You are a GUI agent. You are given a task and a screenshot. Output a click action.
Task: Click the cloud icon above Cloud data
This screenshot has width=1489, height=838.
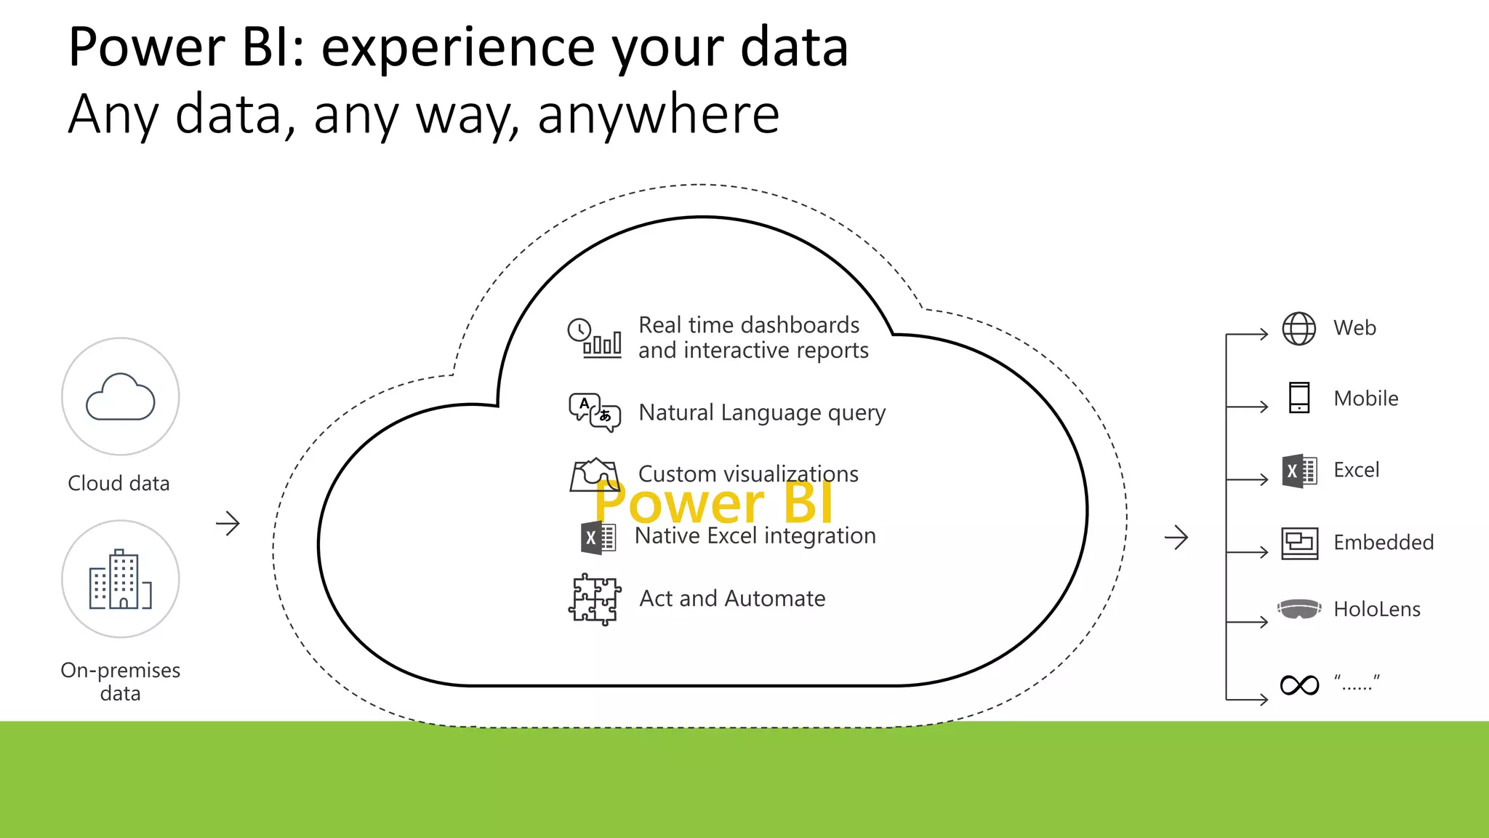coord(121,397)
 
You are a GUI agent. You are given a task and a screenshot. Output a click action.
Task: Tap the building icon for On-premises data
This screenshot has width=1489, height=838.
coord(121,580)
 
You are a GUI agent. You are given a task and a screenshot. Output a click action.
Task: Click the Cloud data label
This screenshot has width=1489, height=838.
coord(119,483)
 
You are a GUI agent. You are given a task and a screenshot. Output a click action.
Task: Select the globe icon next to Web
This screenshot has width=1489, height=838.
coord(1299,329)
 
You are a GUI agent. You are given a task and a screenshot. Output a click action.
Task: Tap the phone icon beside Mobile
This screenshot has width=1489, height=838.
coord(1299,398)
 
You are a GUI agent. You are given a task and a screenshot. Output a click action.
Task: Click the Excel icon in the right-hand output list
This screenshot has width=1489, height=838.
coord(1299,471)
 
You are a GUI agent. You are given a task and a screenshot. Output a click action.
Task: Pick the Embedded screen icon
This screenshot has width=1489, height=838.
coord(1299,543)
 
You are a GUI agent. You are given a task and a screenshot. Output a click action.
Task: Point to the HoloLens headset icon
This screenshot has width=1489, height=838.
coord(1299,609)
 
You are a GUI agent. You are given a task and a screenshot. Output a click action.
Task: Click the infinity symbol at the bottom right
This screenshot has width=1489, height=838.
coord(1299,685)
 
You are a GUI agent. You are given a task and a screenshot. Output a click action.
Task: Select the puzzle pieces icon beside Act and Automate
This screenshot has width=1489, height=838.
coord(595,599)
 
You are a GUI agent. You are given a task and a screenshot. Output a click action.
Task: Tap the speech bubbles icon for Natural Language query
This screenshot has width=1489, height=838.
coord(595,412)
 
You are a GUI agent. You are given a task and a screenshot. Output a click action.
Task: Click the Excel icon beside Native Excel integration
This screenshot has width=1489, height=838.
coord(598,538)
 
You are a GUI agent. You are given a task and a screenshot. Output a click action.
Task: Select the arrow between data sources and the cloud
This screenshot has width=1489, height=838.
coord(228,523)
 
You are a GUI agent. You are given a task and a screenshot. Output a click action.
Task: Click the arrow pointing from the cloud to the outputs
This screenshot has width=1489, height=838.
coord(1176,538)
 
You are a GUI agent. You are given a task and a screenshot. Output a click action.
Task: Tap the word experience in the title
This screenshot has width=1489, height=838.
coord(458,47)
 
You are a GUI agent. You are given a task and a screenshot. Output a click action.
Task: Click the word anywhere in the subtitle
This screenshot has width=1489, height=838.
coord(658,114)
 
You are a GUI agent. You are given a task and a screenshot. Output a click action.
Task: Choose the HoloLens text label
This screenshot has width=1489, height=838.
coord(1376,609)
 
